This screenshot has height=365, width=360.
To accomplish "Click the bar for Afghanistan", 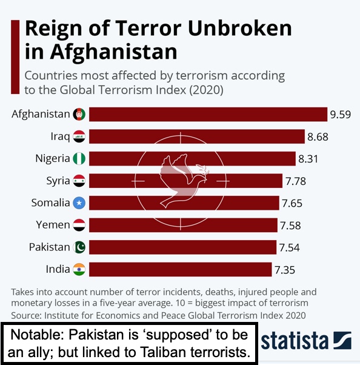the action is pos(208,115).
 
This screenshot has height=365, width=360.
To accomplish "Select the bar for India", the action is pos(181,269).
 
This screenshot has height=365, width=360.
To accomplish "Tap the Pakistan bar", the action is pos(182,247).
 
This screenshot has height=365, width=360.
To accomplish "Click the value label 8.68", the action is pos(318,136).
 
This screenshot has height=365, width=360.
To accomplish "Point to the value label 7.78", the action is pos(296,181).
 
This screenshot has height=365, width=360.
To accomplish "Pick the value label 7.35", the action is pos(285,270).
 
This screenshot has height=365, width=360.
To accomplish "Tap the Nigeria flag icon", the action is pos(79,158).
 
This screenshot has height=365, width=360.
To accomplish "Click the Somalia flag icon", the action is pos(79,203).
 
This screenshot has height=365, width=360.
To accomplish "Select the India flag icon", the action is pos(79,269).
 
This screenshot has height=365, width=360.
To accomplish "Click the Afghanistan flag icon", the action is pos(79,114).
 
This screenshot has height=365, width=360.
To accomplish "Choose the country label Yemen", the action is pos(53,225).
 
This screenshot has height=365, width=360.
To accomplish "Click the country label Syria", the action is pos(58,181).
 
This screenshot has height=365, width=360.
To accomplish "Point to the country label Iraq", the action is pos(60,136).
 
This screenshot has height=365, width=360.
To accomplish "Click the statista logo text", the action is pos(295,341).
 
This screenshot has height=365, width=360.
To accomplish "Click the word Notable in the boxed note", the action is pos(38,335).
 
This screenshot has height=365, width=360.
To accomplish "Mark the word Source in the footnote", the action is pos(26,316).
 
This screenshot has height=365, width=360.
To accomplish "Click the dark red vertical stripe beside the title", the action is pos(15,57).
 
